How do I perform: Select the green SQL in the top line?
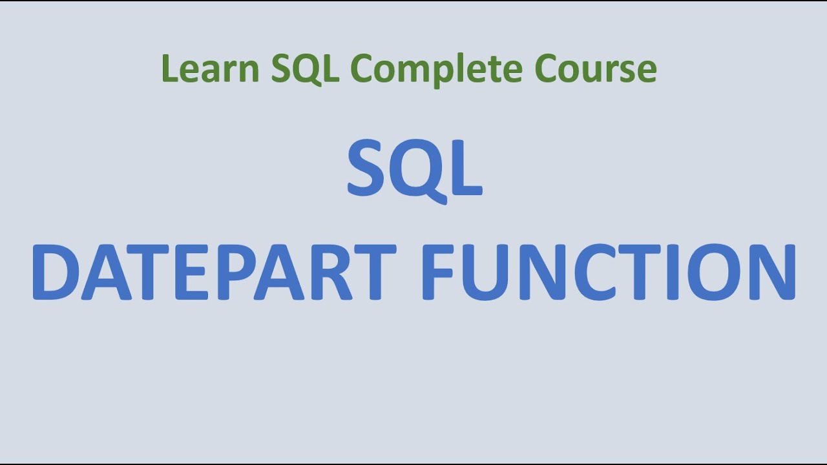coord(304,69)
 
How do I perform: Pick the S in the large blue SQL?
coord(369,169)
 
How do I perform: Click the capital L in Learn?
coord(169,69)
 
